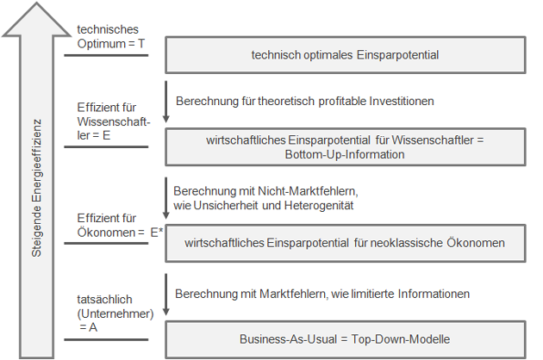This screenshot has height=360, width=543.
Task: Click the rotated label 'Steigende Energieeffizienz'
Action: pyautogui.click(x=37, y=188)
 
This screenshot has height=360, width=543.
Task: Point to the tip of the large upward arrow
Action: pyautogui.click(x=36, y=3)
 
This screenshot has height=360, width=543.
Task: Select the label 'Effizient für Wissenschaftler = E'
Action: pyautogui.click(x=113, y=121)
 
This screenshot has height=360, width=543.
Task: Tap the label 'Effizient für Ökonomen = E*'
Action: pyautogui.click(x=120, y=226)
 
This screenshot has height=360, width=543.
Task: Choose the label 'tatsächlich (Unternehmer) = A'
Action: pyautogui.click(x=115, y=313)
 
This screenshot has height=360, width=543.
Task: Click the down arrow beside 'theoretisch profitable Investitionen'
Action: pyautogui.click(x=165, y=102)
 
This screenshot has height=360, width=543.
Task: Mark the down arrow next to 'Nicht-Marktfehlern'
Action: pyautogui.click(x=165, y=198)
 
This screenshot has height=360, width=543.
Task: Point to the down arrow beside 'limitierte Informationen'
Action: pyautogui.click(x=165, y=295)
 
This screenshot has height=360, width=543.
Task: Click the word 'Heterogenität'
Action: pyautogui.click(x=319, y=206)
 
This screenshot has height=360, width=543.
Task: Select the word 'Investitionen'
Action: pyautogui.click(x=402, y=101)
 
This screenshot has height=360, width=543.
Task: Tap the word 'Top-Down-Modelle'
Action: pyautogui.click(x=401, y=339)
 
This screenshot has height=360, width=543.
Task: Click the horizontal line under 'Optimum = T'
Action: pyautogui.click(x=106, y=55)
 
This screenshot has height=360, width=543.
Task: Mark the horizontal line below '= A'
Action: pyautogui.click(x=106, y=339)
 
